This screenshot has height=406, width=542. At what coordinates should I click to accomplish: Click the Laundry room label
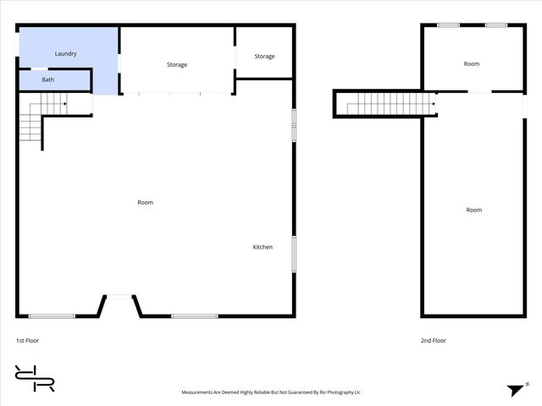click(x=66, y=54)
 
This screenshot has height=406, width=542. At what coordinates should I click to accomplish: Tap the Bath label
click(x=48, y=80)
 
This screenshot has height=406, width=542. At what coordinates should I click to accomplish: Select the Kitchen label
click(x=263, y=247)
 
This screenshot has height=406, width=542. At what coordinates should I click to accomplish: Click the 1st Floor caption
click(x=27, y=341)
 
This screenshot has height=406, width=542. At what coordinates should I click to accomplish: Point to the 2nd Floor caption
click(x=434, y=341)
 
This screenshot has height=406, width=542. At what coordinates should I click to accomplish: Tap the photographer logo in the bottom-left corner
click(x=35, y=378)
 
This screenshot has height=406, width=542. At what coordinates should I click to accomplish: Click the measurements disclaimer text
click(x=271, y=392)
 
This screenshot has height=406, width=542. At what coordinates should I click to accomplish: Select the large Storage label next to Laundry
click(x=177, y=64)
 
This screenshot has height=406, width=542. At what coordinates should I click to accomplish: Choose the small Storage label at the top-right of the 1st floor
click(x=265, y=57)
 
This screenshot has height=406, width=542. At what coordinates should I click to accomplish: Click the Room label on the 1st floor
click(x=146, y=202)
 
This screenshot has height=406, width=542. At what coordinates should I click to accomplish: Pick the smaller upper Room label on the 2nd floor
click(x=472, y=64)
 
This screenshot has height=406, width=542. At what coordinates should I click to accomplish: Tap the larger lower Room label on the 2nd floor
click(x=473, y=210)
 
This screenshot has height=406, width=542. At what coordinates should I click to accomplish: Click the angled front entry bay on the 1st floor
click(x=119, y=305)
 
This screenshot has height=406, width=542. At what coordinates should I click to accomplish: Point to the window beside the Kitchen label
click(x=294, y=253)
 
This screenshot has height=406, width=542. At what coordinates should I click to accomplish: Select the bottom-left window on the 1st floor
click(x=52, y=316)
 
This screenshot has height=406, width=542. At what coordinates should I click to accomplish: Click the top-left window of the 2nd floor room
click(x=449, y=25)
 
